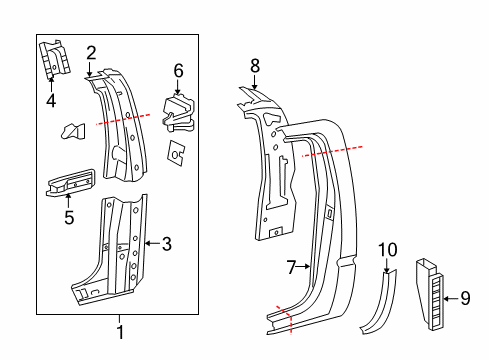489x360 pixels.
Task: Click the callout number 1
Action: coord(120,332)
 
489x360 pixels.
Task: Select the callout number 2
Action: coord(91,52)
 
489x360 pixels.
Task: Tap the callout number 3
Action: coord(167,242)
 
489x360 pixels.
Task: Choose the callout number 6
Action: coord(178,70)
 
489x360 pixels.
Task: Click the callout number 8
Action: coord(255,66)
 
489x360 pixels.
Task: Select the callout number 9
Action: coord(465,297)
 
